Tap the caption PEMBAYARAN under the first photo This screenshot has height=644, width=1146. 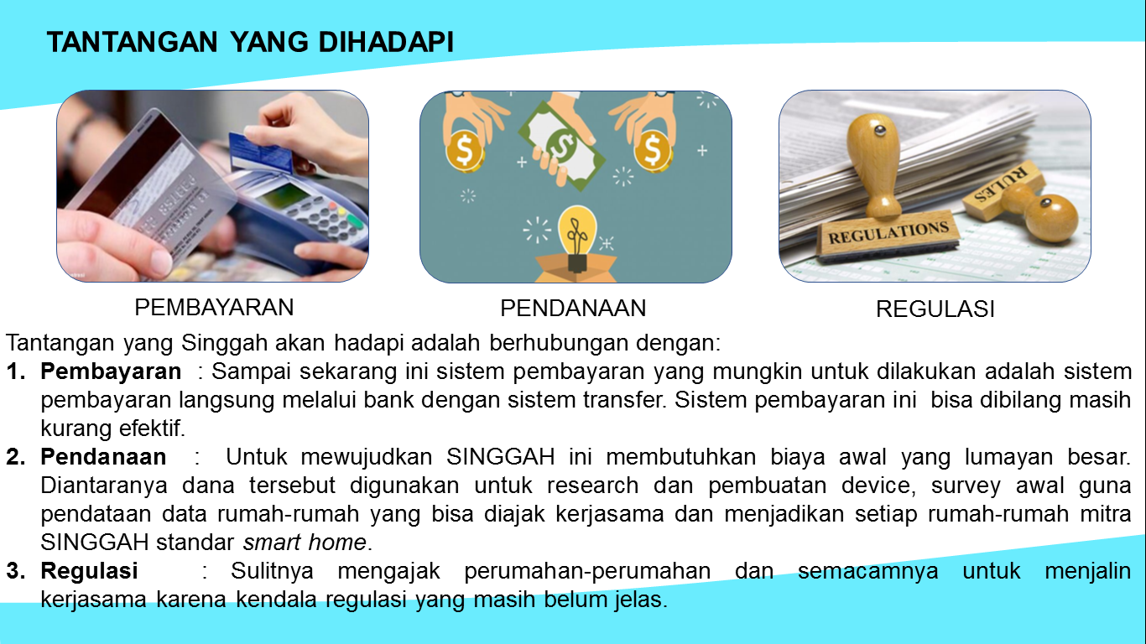pyautogui.click(x=214, y=307)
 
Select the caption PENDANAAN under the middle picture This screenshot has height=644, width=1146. pyautogui.click(x=573, y=309)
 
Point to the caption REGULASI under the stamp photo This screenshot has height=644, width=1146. pyautogui.click(x=935, y=309)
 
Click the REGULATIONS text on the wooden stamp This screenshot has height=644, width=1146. pyautogui.click(x=888, y=231)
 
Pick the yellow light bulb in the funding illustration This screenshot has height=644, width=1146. pyautogui.click(x=576, y=226)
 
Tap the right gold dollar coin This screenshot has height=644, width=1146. pyautogui.click(x=653, y=150)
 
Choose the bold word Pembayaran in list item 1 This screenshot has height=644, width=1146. pyautogui.click(x=111, y=371)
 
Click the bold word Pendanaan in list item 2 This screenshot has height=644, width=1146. pyautogui.click(x=103, y=458)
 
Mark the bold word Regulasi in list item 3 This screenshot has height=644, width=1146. pyautogui.click(x=89, y=572)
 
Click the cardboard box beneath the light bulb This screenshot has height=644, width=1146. pyautogui.click(x=576, y=268)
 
